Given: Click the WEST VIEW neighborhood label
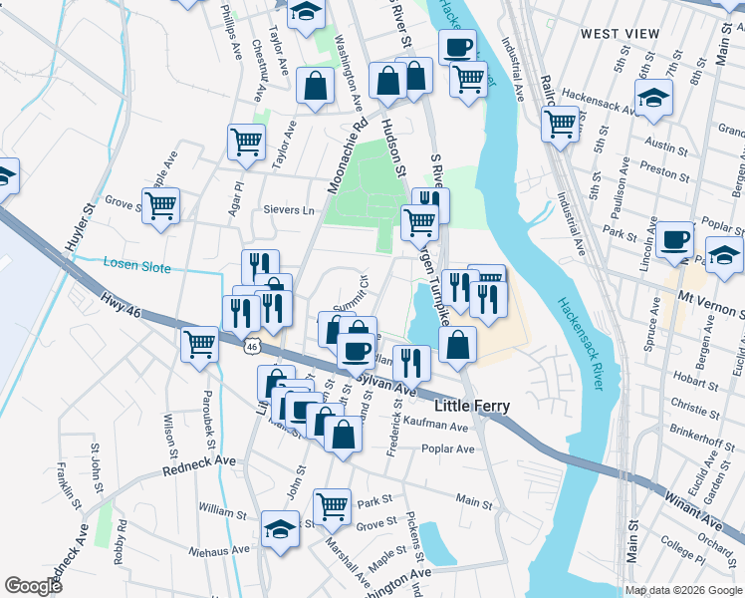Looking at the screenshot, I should point(620,34).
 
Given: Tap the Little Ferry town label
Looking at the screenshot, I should point(473,407).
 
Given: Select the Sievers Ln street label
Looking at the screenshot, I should point(288,210).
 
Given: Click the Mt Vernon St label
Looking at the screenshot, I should point(711,296).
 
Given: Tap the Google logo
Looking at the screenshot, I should point(33,586).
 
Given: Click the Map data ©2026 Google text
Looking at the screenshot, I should point(683,590).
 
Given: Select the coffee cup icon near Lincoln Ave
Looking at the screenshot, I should point(674,239).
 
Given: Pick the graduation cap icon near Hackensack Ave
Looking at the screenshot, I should point(653,98).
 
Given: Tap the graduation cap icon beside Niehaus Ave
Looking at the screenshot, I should point(280,529).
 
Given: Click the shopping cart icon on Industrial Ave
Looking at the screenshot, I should point(560,125).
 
